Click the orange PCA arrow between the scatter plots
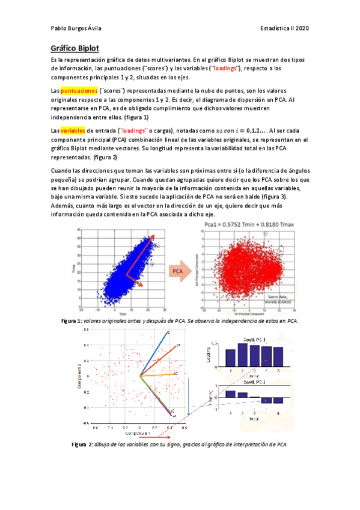coord(177,271)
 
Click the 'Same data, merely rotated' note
coord(281,299)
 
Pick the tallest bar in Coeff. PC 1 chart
coord(243,355)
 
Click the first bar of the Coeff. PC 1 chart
coord(230,358)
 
